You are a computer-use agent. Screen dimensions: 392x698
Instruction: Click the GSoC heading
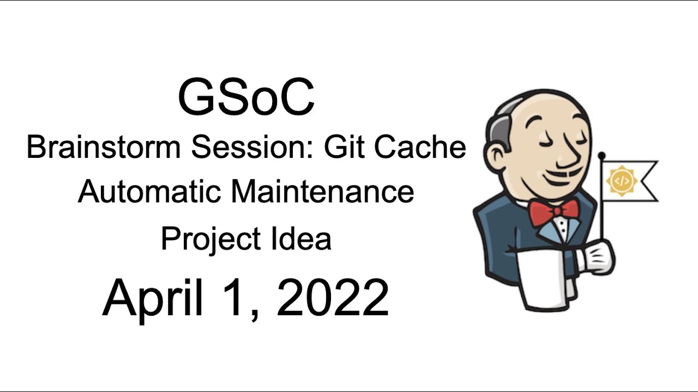(x=246, y=98)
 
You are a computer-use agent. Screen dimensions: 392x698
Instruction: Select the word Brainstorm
(x=104, y=148)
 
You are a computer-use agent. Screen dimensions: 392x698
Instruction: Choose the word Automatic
(x=149, y=192)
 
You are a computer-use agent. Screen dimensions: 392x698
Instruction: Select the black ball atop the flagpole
(x=601, y=156)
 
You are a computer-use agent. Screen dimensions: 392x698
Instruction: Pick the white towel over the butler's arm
(x=545, y=278)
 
